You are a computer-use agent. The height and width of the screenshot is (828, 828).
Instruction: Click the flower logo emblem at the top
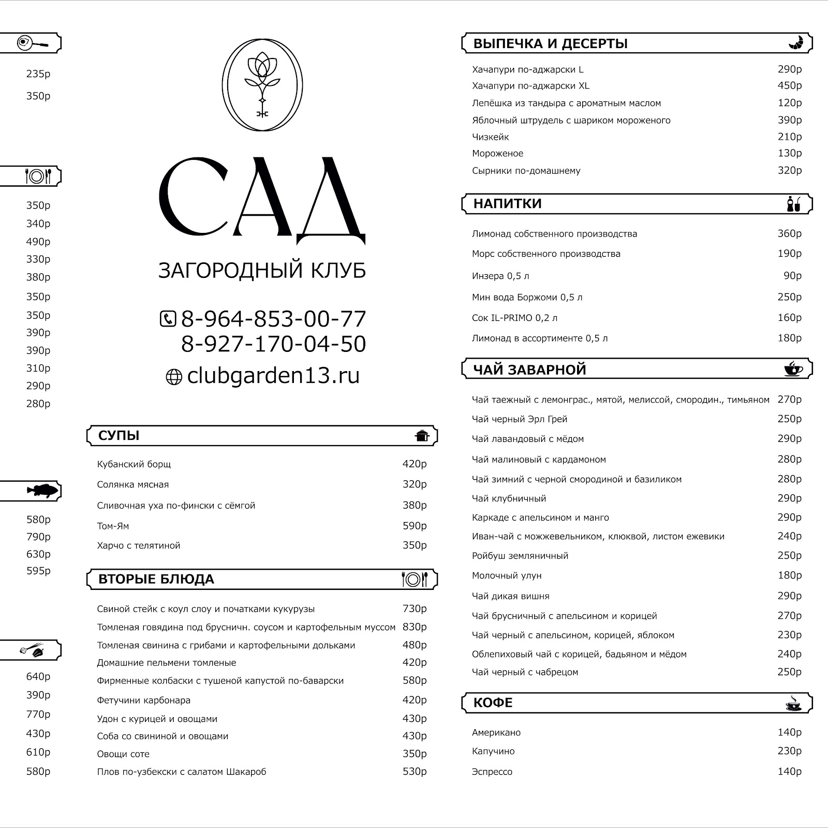point(262,85)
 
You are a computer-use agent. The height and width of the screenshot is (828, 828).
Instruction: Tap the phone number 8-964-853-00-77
point(273,319)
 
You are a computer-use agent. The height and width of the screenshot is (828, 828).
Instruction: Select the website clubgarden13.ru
point(273,376)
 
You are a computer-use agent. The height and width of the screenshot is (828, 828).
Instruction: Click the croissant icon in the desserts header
point(795,43)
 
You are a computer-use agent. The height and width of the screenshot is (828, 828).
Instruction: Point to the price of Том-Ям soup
point(415,526)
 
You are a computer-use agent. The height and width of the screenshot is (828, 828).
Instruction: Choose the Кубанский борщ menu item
point(134,464)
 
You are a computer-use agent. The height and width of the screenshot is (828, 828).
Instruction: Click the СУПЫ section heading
point(119,436)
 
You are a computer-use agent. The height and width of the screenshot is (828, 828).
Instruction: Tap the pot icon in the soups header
point(422,436)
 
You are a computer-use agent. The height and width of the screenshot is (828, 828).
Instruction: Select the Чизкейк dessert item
point(490,137)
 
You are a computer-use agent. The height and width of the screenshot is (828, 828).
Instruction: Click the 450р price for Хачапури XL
point(789,85)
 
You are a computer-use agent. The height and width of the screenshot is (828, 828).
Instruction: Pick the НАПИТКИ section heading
point(507,204)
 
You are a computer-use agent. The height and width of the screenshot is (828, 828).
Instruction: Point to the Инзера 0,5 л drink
point(500,276)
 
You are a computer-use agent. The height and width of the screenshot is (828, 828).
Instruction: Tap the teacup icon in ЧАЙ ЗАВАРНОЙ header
point(793,369)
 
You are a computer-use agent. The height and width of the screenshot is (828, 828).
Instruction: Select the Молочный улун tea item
point(506,575)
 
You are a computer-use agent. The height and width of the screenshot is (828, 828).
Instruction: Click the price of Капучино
point(789,751)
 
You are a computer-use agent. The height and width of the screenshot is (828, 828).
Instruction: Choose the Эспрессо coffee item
point(492,772)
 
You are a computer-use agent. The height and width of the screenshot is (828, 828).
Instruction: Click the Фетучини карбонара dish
point(143,700)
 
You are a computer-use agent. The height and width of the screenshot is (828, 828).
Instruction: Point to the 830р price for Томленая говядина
point(415,627)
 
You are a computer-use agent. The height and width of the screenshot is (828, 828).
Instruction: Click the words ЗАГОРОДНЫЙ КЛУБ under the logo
point(262,271)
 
